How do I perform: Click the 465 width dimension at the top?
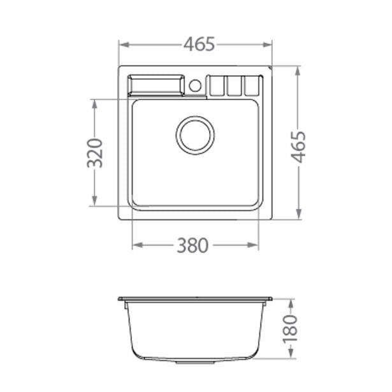(200, 44)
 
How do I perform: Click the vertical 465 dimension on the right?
(298, 147)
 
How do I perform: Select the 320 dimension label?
(95, 153)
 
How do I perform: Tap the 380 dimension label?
(192, 245)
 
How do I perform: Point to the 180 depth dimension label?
(290, 328)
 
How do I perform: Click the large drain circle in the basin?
(195, 135)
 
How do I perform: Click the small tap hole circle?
(195, 85)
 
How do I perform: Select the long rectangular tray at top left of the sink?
(156, 85)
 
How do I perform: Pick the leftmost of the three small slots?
(217, 86)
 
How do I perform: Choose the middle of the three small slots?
(235, 86)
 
